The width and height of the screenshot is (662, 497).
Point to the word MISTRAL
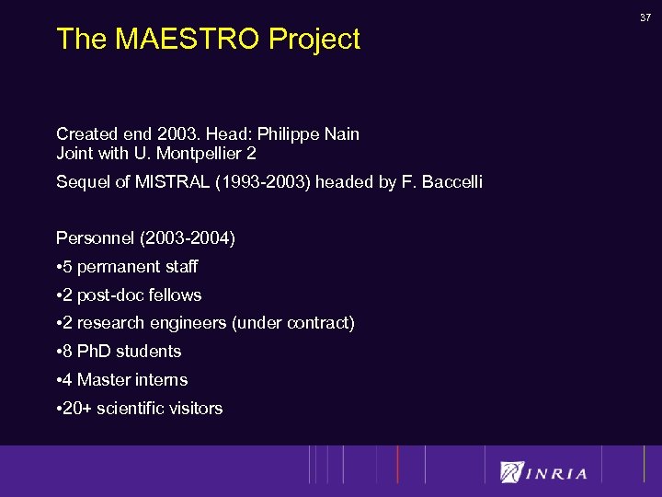pos(175,182)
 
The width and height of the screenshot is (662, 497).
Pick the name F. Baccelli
pos(441,182)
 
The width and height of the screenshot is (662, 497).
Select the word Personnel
pos(95,239)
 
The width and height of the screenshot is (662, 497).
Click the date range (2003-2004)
pos(187,239)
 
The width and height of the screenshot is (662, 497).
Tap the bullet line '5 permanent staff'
pos(127,267)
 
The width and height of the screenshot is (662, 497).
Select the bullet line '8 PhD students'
pos(119,352)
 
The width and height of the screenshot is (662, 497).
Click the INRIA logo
pos(543,472)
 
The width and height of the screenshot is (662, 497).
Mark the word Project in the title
pos(314,40)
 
